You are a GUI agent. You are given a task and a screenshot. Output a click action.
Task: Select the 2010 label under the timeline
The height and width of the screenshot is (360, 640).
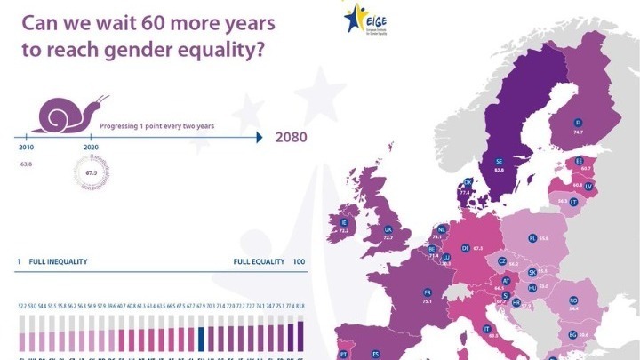pos(26,148)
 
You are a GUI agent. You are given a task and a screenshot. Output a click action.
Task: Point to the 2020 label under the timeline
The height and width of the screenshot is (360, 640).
pos(90,148)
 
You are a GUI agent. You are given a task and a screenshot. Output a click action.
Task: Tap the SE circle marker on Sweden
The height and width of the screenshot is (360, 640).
pos(499,161)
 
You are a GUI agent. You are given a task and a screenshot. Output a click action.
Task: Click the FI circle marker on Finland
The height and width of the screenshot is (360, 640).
pos(578,122)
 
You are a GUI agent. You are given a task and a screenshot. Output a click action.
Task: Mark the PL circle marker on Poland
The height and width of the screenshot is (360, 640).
pos(532,238)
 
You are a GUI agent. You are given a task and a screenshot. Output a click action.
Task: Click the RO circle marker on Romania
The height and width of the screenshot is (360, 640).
pos(573,300)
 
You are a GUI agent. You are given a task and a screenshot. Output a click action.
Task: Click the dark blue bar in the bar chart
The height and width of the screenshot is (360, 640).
pos(203,339)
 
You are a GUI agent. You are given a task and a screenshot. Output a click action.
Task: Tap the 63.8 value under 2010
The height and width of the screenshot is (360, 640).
pos(26,164)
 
